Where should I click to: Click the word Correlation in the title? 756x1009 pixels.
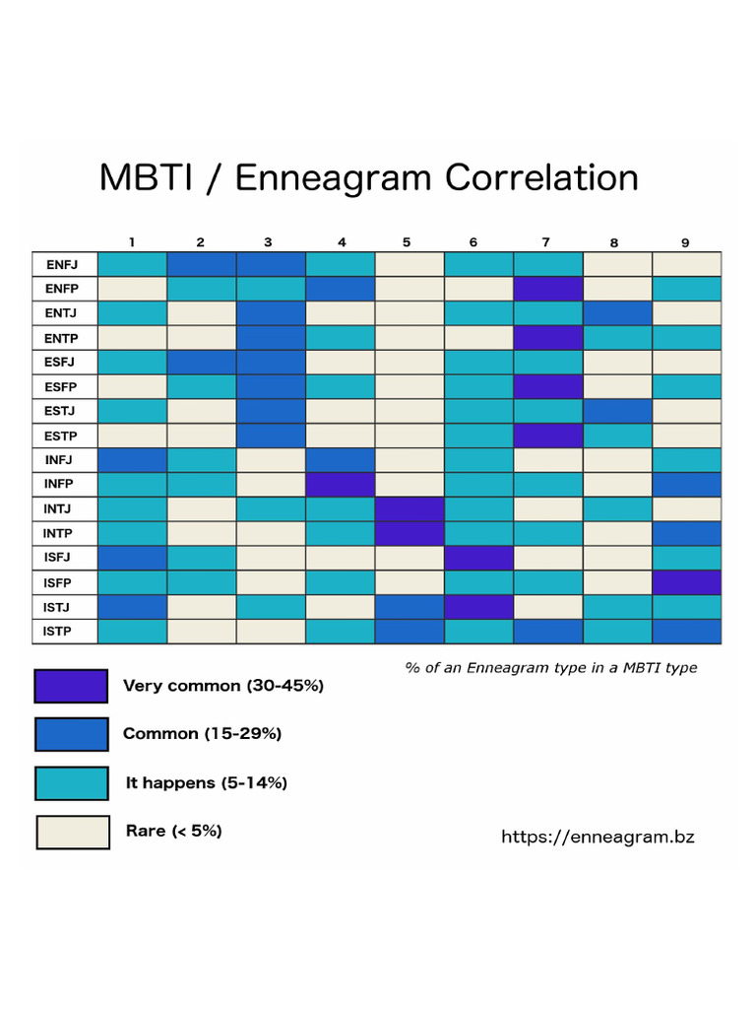pyautogui.click(x=541, y=178)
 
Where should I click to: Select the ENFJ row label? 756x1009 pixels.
pyautogui.click(x=64, y=264)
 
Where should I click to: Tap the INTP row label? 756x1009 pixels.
pyautogui.click(x=64, y=533)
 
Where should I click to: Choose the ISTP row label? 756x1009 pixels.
pyautogui.click(x=64, y=631)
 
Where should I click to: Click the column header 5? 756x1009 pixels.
pyautogui.click(x=408, y=241)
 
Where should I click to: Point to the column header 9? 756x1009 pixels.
pyautogui.click(x=685, y=241)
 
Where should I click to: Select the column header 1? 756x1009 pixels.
pyautogui.click(x=131, y=241)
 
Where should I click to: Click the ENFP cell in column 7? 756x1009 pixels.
pyautogui.click(x=548, y=289)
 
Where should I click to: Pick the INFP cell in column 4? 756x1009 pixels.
pyautogui.click(x=341, y=484)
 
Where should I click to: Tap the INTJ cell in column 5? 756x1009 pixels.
pyautogui.click(x=409, y=508)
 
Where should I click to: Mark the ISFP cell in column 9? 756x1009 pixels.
pyautogui.click(x=686, y=581)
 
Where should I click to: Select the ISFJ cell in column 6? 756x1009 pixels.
pyautogui.click(x=478, y=558)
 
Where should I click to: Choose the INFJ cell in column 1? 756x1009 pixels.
pyautogui.click(x=132, y=459)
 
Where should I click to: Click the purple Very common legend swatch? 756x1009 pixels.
pyautogui.click(x=71, y=686)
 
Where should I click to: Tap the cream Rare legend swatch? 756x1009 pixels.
pyautogui.click(x=73, y=832)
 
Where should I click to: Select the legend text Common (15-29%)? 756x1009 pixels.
pyautogui.click(x=202, y=734)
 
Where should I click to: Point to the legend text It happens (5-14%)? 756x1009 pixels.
pyautogui.click(x=207, y=783)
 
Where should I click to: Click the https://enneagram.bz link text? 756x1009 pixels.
pyautogui.click(x=598, y=837)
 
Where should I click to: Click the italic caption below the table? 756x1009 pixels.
pyautogui.click(x=550, y=668)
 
